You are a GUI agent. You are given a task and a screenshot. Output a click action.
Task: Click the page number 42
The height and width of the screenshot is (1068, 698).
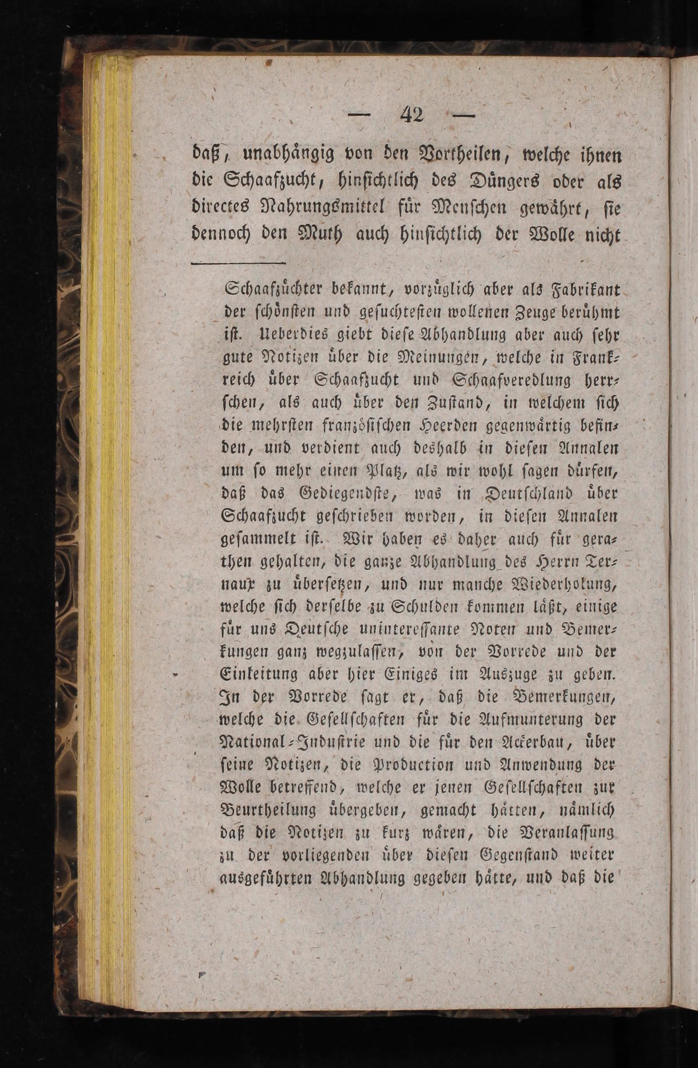(412, 114)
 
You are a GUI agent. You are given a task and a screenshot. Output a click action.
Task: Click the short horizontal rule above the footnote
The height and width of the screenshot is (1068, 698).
(238, 264)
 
